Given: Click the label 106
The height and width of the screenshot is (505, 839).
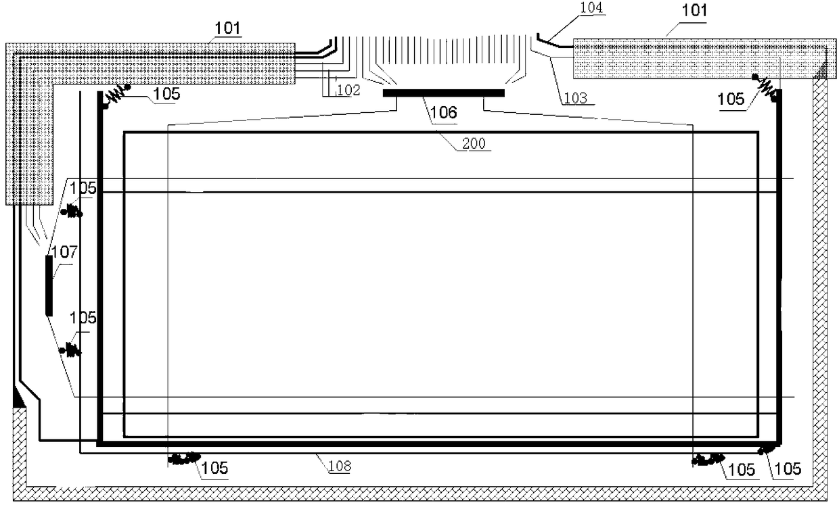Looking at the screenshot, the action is (443, 112).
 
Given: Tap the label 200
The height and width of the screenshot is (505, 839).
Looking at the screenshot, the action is (474, 143).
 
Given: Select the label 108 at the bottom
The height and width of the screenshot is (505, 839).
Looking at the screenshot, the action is (340, 466).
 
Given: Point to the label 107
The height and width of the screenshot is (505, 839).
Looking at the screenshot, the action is (64, 252).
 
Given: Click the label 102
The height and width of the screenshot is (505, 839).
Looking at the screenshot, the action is (348, 90).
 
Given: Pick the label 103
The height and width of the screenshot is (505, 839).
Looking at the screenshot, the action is (575, 98).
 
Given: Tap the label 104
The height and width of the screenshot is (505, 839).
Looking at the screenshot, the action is (591, 8).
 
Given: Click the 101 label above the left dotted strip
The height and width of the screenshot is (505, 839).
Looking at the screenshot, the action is (228, 28).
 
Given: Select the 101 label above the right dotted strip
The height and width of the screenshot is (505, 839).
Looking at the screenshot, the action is (694, 11).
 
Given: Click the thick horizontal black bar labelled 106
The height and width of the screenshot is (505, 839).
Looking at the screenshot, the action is (443, 93).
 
